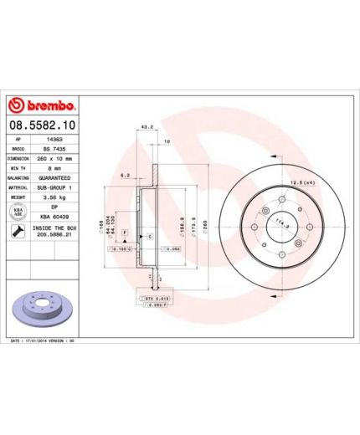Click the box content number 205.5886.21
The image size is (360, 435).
coord(57,236)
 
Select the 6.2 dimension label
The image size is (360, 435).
coord(124,176)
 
